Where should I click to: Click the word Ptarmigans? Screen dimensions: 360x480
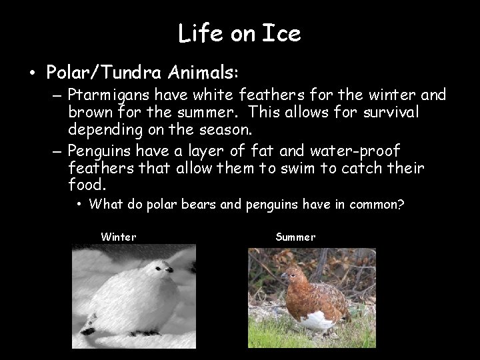[109, 97]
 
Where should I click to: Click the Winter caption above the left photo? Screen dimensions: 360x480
[118, 237]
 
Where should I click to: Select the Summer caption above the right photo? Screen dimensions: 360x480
[295, 237]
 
